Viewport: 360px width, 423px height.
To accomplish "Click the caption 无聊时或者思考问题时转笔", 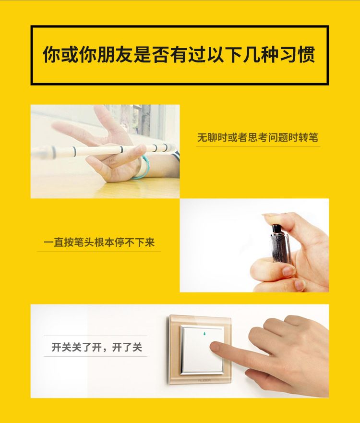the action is click(x=258, y=138).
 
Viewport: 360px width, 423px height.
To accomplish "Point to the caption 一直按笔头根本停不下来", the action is click(x=99, y=242).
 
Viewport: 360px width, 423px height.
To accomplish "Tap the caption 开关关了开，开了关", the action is click(x=96, y=347).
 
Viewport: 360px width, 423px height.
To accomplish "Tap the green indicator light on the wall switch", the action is click(x=204, y=334).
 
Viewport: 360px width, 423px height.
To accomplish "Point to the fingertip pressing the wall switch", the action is click(x=216, y=347).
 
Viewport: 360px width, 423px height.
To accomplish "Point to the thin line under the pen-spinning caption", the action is click(x=258, y=147).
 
